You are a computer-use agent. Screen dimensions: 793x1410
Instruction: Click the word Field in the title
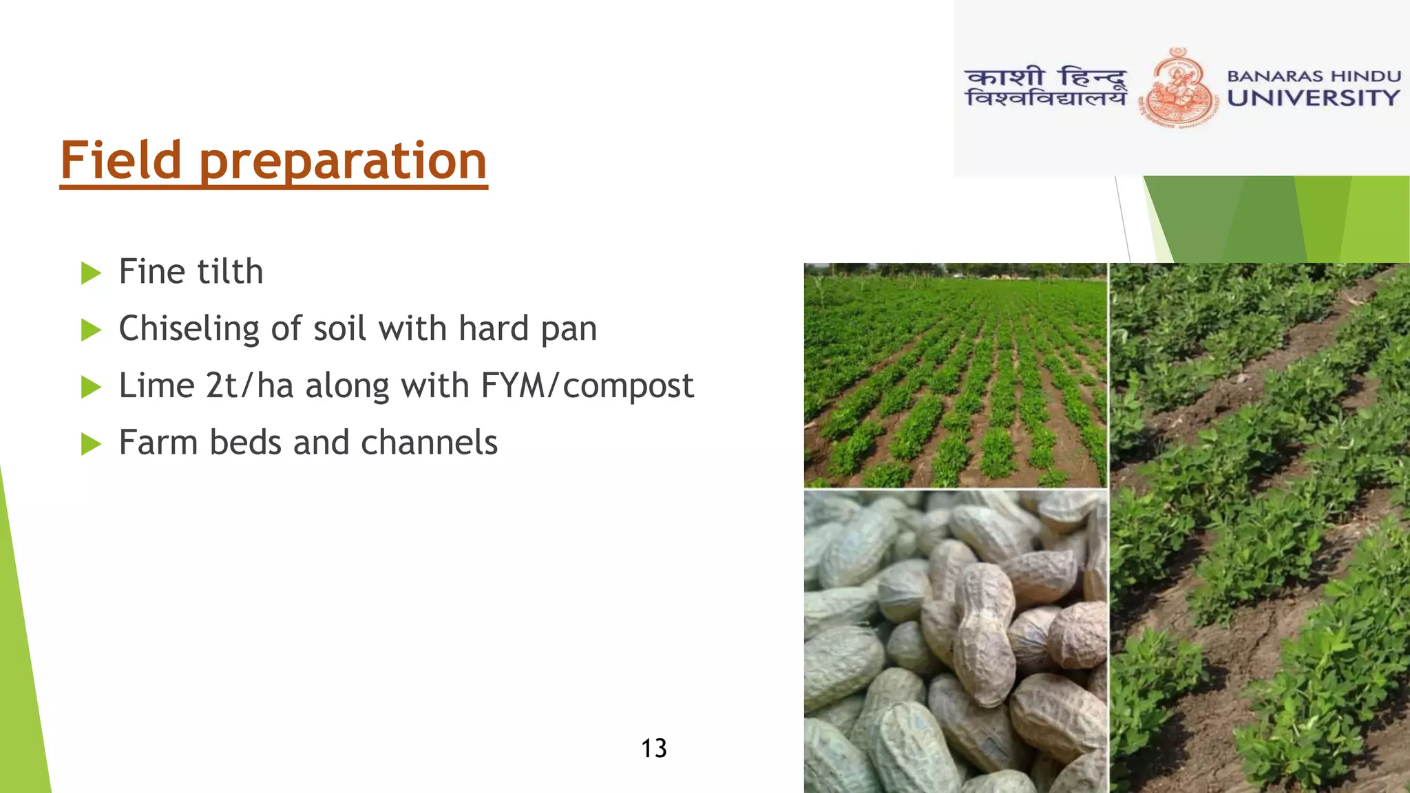120,160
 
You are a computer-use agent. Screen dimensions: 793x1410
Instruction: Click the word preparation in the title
343,162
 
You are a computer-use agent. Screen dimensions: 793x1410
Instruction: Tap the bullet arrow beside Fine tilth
90,273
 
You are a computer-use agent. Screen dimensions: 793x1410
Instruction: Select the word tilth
230,271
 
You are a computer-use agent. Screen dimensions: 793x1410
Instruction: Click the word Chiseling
189,329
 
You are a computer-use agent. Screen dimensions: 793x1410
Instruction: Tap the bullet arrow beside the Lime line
90,387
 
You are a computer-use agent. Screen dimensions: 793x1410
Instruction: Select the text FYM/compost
587,385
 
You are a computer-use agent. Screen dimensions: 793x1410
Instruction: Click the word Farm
158,443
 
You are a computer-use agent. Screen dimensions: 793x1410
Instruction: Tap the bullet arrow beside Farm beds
90,444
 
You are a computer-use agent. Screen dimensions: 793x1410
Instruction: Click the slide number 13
653,748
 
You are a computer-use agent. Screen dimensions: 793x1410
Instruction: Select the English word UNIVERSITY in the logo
1313,98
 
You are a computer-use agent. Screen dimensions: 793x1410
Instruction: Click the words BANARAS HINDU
1314,76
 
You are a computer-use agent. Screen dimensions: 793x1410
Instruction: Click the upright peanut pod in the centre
985,633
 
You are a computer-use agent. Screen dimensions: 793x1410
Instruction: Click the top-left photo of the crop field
954,375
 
